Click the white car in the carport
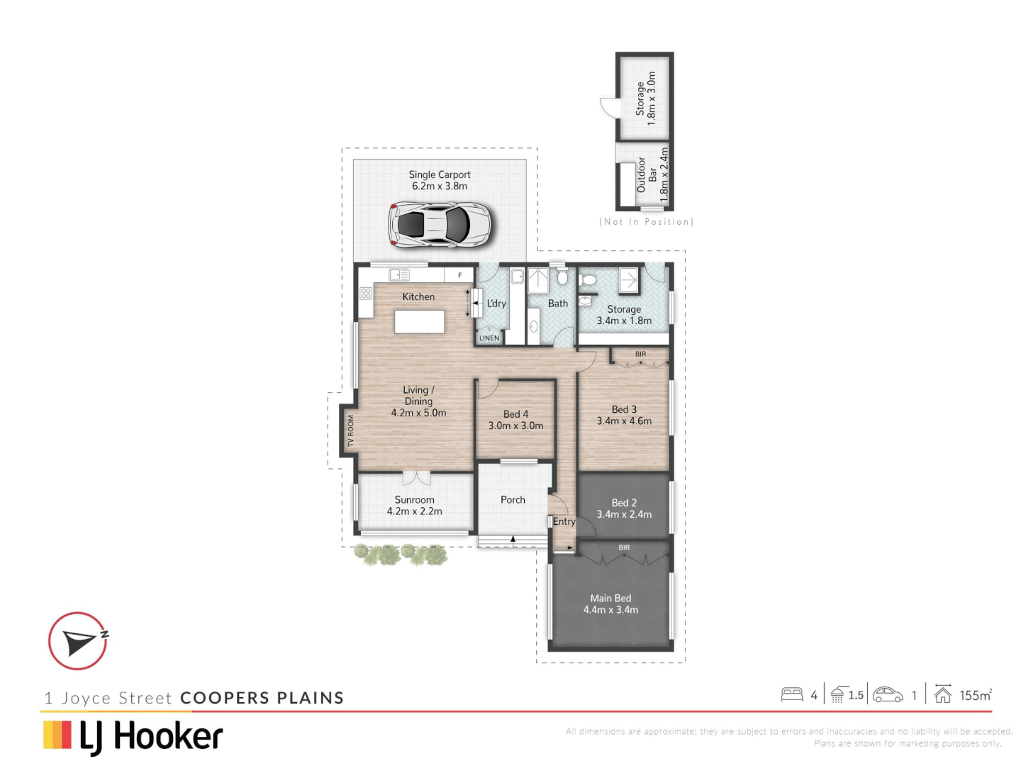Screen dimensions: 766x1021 439,225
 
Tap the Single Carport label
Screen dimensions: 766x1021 439,180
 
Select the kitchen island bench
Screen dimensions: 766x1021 420,321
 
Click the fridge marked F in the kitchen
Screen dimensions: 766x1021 459,275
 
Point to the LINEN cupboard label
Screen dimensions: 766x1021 489,338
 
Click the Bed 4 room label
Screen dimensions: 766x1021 515,420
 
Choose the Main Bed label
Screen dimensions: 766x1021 610,604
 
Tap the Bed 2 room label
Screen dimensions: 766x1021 624,509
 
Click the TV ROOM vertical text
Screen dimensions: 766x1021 350,431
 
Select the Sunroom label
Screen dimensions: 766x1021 414,505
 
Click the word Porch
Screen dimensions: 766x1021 513,500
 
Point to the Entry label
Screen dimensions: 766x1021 564,521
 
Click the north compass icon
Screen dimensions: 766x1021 78,641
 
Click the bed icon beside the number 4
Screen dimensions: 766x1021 791,694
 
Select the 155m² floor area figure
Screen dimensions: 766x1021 975,695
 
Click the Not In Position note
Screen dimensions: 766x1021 646,222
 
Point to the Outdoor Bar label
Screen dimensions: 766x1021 647,174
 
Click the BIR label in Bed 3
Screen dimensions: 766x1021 640,354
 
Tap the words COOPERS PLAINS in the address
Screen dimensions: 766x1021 262,698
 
